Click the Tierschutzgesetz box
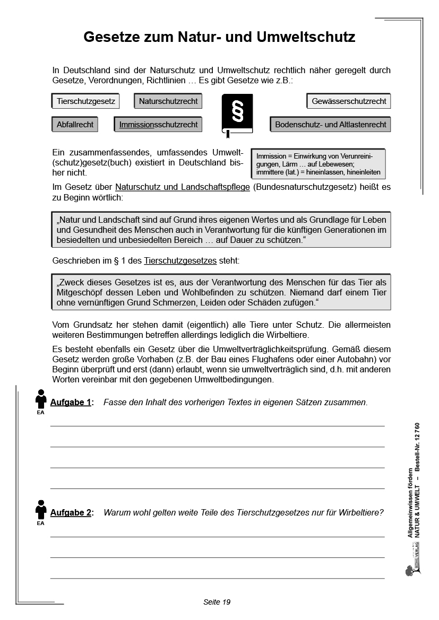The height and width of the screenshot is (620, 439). tap(86, 101)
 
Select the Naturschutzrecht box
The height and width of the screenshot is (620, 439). tap(168, 101)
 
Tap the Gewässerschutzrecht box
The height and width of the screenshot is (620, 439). tap(349, 101)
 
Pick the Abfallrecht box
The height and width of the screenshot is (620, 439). tap(75, 125)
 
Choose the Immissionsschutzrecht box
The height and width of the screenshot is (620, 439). tap(158, 125)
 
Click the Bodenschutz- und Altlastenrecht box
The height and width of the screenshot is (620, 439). tap(330, 125)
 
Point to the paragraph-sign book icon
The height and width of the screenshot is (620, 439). tap(237, 113)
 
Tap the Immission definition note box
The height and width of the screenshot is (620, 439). tap(318, 164)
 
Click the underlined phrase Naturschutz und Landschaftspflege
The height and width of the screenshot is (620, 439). tap(182, 187)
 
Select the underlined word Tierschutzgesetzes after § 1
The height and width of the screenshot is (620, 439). tap(180, 261)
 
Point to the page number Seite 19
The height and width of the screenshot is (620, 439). tap(217, 602)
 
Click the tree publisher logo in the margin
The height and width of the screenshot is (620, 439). tap(409, 570)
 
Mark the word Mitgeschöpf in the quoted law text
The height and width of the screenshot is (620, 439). tap(78, 292)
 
